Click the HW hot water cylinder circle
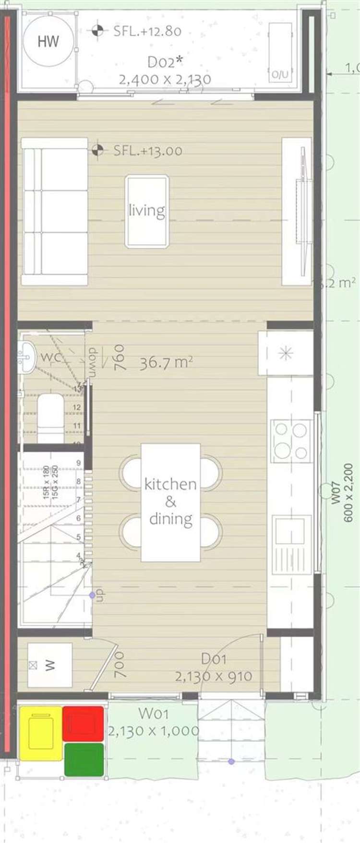coord(48,41)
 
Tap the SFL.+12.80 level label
coord(147,31)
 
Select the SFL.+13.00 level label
coord(147,151)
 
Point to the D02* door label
coord(165,62)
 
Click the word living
coord(147,211)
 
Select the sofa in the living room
coord(54,212)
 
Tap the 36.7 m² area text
coord(166,363)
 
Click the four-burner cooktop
coord(291,441)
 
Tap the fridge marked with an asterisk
coord(286,354)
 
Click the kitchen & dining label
coord(170,502)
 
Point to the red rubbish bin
coord(83,723)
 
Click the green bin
coord(84,759)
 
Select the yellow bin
coord(40,733)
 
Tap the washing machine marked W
coord(49,665)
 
